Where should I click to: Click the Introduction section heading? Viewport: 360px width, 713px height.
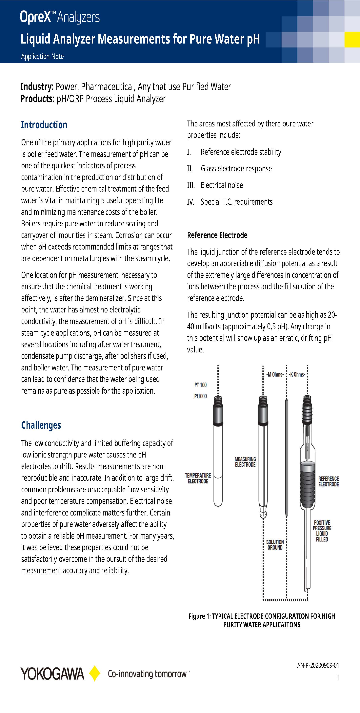44,125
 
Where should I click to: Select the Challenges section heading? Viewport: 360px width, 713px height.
41,425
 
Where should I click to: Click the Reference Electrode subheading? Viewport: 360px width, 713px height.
217,235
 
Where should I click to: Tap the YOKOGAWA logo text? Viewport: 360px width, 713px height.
52,674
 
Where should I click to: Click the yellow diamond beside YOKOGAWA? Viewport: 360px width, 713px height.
95,673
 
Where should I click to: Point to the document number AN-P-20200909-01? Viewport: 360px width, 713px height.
318,665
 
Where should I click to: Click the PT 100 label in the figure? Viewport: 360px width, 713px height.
200,385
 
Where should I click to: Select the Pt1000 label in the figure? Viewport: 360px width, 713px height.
200,396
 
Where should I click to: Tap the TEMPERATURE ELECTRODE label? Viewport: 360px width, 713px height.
198,478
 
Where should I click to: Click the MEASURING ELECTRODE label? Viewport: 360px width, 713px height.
245,462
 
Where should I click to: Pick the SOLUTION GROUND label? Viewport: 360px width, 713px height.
275,545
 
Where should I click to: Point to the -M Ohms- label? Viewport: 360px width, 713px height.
275,374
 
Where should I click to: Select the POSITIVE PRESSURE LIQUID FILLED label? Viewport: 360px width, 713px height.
322,531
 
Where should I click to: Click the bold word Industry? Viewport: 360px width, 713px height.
37,87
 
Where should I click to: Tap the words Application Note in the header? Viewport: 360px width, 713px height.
42,56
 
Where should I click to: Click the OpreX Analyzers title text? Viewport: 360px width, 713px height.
60,17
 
